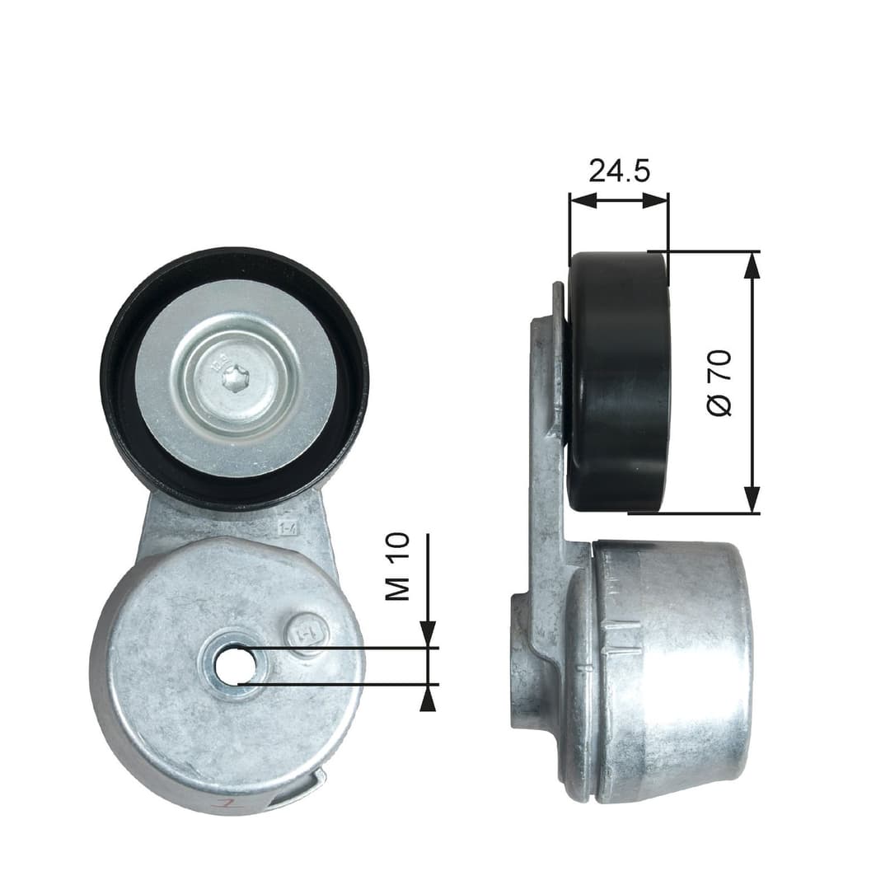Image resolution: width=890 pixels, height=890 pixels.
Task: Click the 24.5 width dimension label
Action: (x=619, y=171)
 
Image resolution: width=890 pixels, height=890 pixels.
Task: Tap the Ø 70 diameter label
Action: (x=719, y=382)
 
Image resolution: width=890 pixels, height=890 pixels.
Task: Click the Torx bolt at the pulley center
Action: (x=234, y=378)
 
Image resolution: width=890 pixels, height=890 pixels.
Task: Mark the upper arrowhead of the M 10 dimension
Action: (x=428, y=634)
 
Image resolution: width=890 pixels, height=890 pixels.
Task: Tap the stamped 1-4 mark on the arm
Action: (x=288, y=527)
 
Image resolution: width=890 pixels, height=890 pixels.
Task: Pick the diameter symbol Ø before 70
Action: (x=719, y=407)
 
